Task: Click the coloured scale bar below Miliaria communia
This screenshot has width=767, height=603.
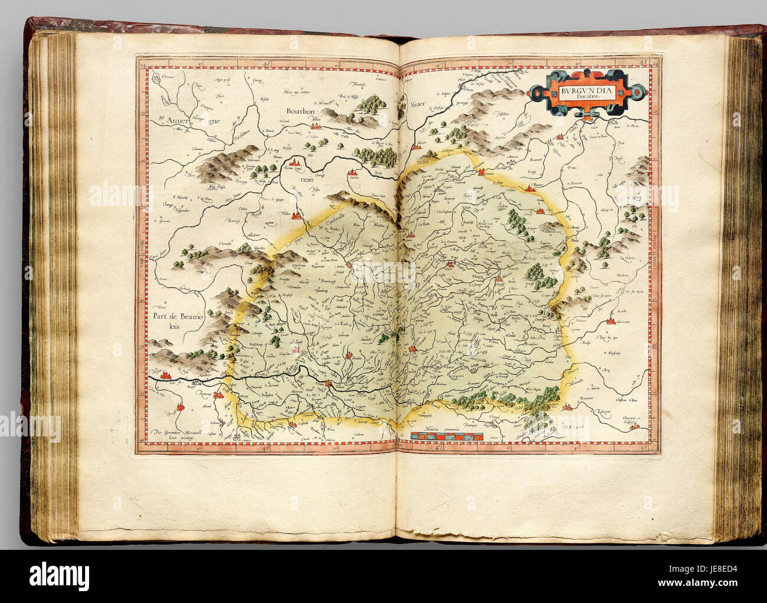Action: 445,436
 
